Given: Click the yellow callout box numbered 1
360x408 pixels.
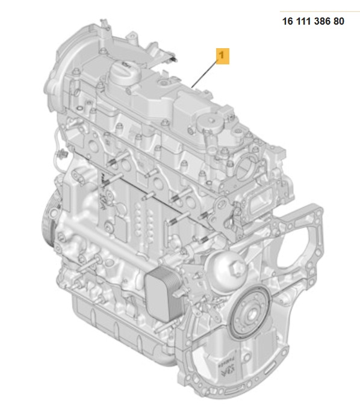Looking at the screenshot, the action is [x=223, y=56].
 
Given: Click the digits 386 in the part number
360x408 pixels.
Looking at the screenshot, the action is [x=322, y=21].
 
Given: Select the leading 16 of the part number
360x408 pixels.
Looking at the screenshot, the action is [x=288, y=21].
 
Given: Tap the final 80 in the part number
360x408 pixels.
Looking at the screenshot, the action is [x=339, y=21].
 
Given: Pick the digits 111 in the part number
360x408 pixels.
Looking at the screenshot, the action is [x=304, y=21].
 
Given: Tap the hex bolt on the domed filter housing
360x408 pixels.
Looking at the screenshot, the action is [x=239, y=268].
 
